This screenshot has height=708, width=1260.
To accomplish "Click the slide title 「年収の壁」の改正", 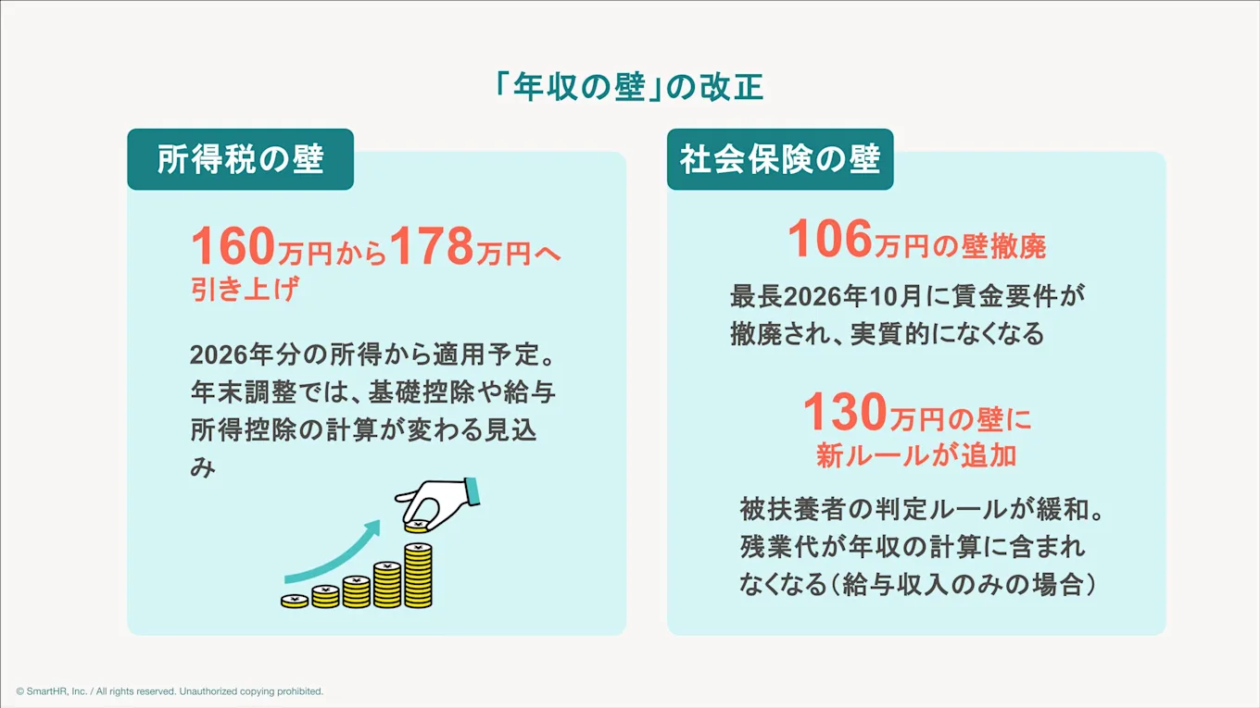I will [x=629, y=88].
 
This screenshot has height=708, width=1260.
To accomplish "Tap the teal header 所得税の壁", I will [x=240, y=159].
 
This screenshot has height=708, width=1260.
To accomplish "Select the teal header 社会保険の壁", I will [x=779, y=159].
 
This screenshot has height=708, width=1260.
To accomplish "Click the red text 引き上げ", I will [x=245, y=290].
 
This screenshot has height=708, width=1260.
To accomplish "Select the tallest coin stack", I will [x=418, y=575].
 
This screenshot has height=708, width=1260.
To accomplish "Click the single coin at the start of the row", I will [x=295, y=602].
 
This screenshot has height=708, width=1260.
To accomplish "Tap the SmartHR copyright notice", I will [x=170, y=691].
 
